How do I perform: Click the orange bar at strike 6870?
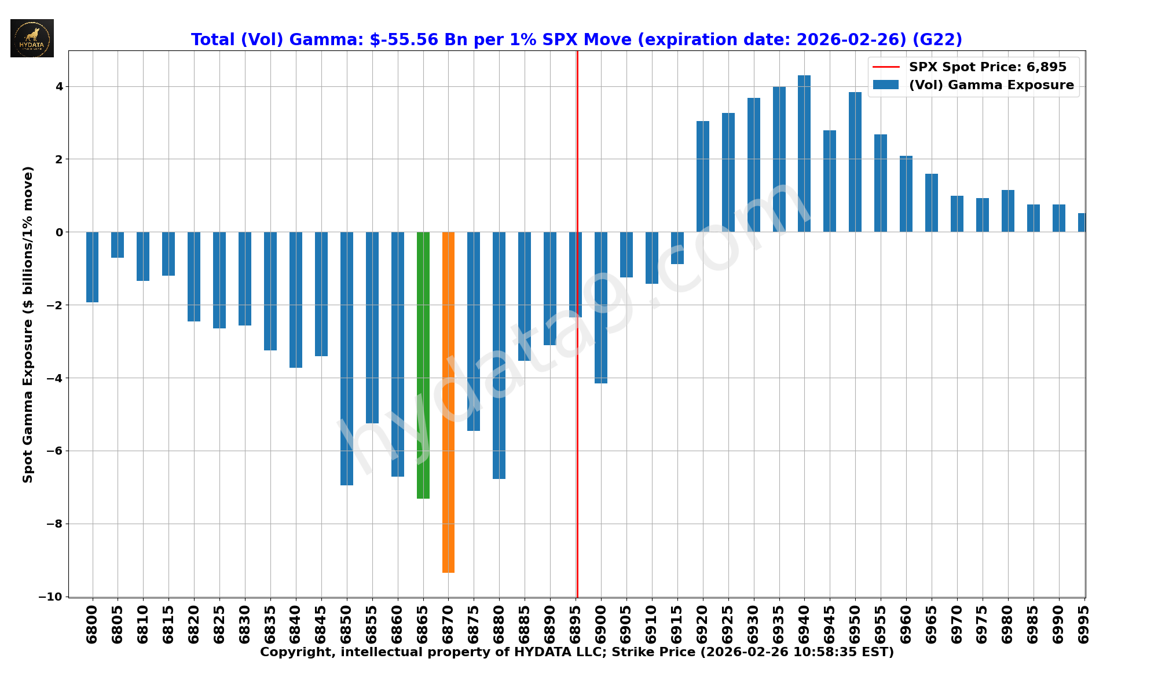point(448,402)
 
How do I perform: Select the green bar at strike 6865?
point(423,365)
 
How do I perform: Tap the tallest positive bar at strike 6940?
point(804,153)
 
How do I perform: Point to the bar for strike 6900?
point(601,308)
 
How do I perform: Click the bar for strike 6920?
point(702,177)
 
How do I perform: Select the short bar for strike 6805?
point(118,244)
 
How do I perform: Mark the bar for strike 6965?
point(931,203)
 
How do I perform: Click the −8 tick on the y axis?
point(56,524)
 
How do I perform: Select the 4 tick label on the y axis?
point(59,87)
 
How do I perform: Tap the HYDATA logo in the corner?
point(32,38)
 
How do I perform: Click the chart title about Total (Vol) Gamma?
point(576,39)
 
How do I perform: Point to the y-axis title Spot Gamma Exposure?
point(28,324)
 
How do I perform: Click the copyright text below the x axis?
point(577,652)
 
